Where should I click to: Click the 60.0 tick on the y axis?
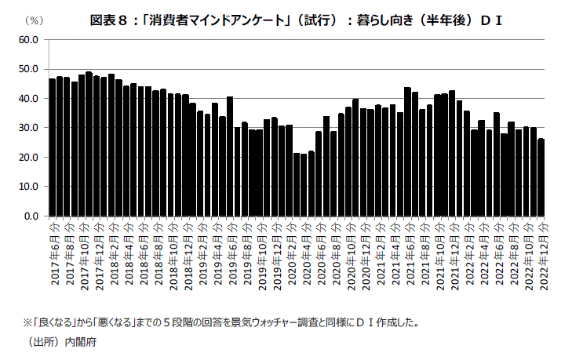(28, 39)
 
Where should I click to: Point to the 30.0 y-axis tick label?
(28, 128)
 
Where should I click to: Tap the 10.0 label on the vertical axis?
(28, 187)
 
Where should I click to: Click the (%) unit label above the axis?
(35, 20)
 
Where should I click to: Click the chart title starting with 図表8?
(296, 20)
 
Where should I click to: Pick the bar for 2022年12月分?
(541, 177)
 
